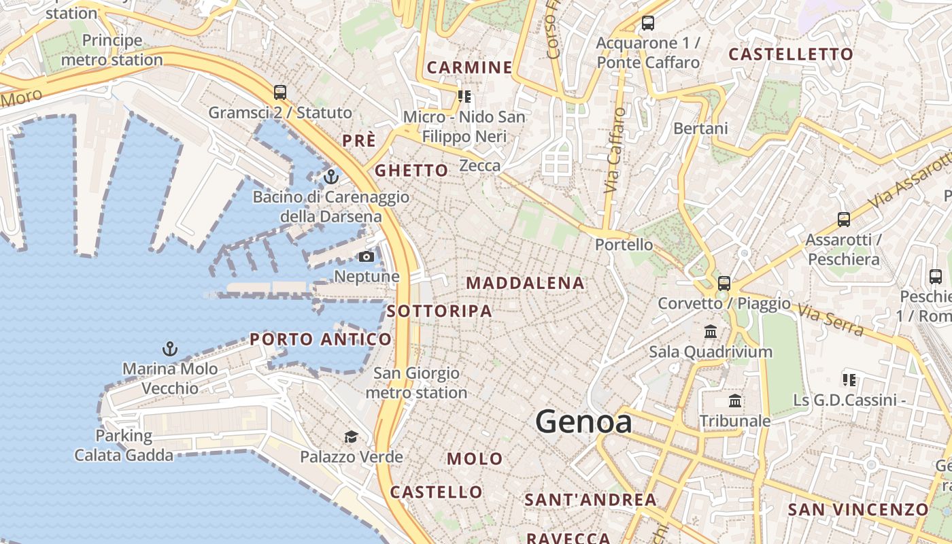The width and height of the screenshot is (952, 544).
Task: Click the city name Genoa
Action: (x=583, y=422)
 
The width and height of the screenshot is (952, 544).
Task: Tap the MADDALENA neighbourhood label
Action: (x=525, y=283)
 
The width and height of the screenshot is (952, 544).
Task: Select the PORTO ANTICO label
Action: (x=320, y=339)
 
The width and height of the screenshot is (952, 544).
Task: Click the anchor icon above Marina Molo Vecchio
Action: (x=169, y=350)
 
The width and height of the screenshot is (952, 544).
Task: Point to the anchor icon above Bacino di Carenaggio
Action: (x=331, y=177)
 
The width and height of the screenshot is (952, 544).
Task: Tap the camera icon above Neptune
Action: (x=366, y=256)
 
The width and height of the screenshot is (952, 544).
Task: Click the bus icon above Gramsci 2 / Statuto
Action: (x=279, y=92)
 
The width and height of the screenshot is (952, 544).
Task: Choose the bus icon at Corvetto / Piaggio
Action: (x=724, y=284)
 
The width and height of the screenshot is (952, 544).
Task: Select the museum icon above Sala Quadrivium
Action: (x=711, y=332)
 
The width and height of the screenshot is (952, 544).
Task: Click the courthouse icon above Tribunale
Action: (x=735, y=401)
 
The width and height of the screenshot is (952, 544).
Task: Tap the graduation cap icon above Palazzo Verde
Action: (x=351, y=437)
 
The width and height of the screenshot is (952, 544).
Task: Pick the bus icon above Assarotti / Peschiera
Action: (x=843, y=220)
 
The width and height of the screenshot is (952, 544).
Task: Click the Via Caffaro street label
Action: (x=613, y=150)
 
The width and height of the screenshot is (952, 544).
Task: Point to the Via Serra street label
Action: (x=831, y=321)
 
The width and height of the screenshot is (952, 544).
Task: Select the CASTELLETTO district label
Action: (x=790, y=54)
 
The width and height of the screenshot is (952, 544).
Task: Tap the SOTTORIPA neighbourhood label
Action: (x=439, y=311)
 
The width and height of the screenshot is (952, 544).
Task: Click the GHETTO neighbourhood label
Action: (x=411, y=170)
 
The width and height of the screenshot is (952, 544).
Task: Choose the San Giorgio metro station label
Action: (x=416, y=383)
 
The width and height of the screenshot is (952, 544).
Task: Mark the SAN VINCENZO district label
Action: (x=857, y=509)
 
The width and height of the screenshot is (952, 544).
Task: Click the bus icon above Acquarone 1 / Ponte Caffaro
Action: (x=647, y=24)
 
